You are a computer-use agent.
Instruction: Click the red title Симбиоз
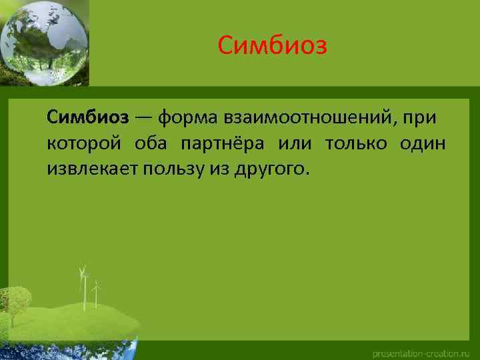coord(273,47)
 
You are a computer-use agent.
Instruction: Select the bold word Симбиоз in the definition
coord(87,118)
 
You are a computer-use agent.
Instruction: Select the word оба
coord(149,143)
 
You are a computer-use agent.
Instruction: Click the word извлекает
coord(89,169)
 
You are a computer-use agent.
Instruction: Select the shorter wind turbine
coord(97,293)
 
